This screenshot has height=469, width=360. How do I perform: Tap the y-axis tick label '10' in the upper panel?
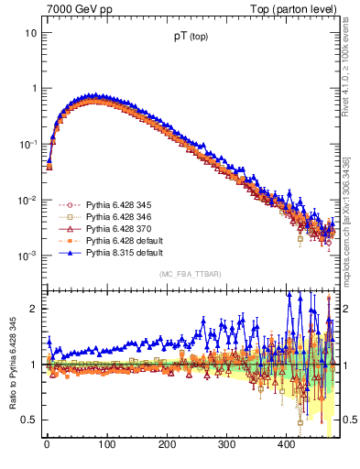[x=30, y=33]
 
